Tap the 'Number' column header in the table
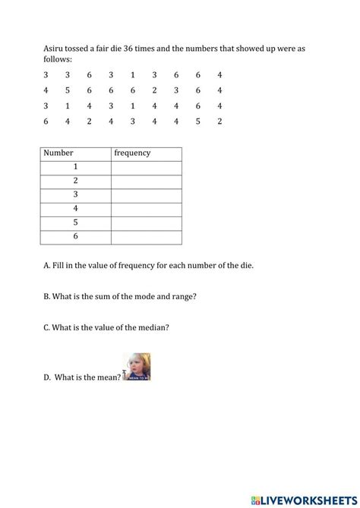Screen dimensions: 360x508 pos(58,153)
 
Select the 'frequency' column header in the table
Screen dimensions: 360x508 pos(132,153)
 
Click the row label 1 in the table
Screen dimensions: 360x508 pos(76,167)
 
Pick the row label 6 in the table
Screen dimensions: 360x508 pos(76,237)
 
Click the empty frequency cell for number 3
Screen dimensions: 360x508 pos(146,195)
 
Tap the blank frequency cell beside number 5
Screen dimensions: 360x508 pos(146,223)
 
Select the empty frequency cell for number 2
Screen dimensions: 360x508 pos(146,181)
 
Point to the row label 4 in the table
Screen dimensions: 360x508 pos(76,209)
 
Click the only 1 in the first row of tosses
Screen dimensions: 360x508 pos(132,74)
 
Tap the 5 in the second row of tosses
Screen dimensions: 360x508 pos(68,90)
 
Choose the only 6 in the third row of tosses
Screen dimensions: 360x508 pos(197,106)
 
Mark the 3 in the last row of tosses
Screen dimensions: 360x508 pos(132,121)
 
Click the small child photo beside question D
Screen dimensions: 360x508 pos(137,367)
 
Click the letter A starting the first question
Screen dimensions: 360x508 pos(46,265)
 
